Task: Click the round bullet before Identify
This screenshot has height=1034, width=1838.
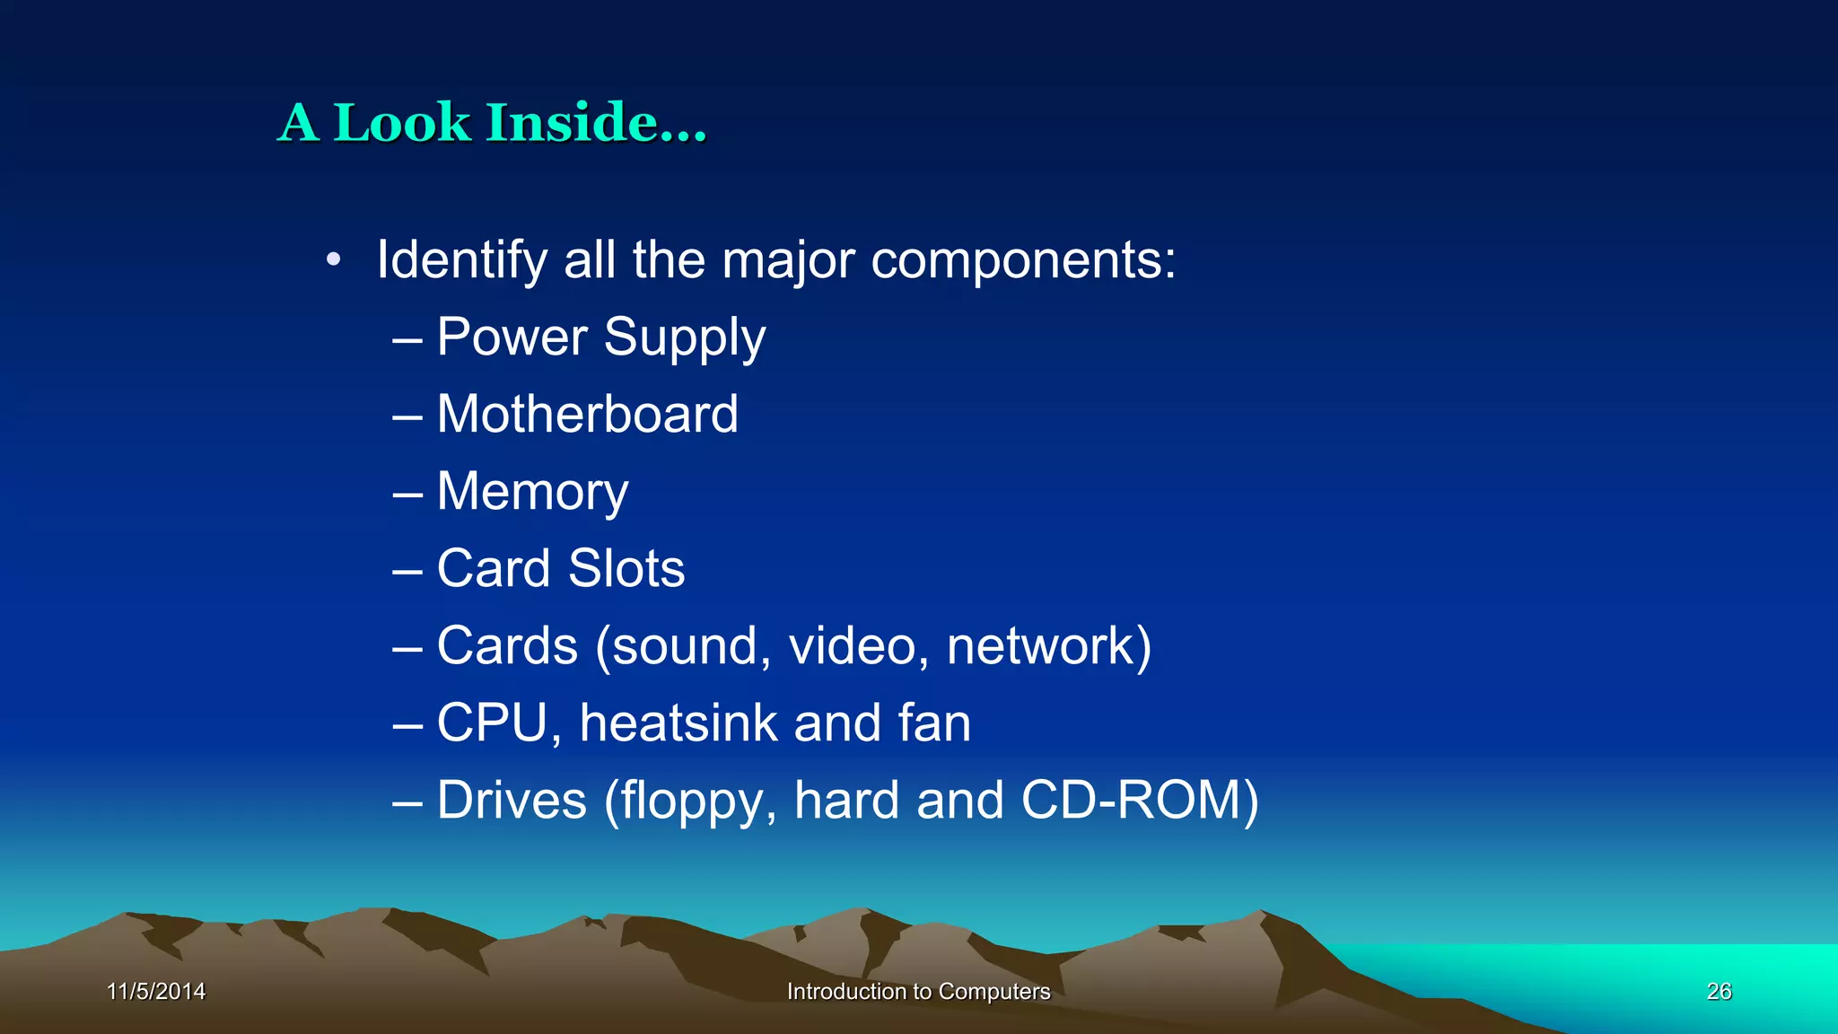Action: point(334,260)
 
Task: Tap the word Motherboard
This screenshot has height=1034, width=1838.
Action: point(588,414)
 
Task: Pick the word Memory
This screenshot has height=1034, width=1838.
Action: point(532,493)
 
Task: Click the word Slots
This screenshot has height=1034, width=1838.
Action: point(626,568)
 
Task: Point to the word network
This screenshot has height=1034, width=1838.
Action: point(1041,645)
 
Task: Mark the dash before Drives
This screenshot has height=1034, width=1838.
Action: point(407,802)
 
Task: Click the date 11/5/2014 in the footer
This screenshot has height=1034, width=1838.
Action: point(156,991)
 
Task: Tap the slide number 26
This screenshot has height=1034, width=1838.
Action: point(1719,991)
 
